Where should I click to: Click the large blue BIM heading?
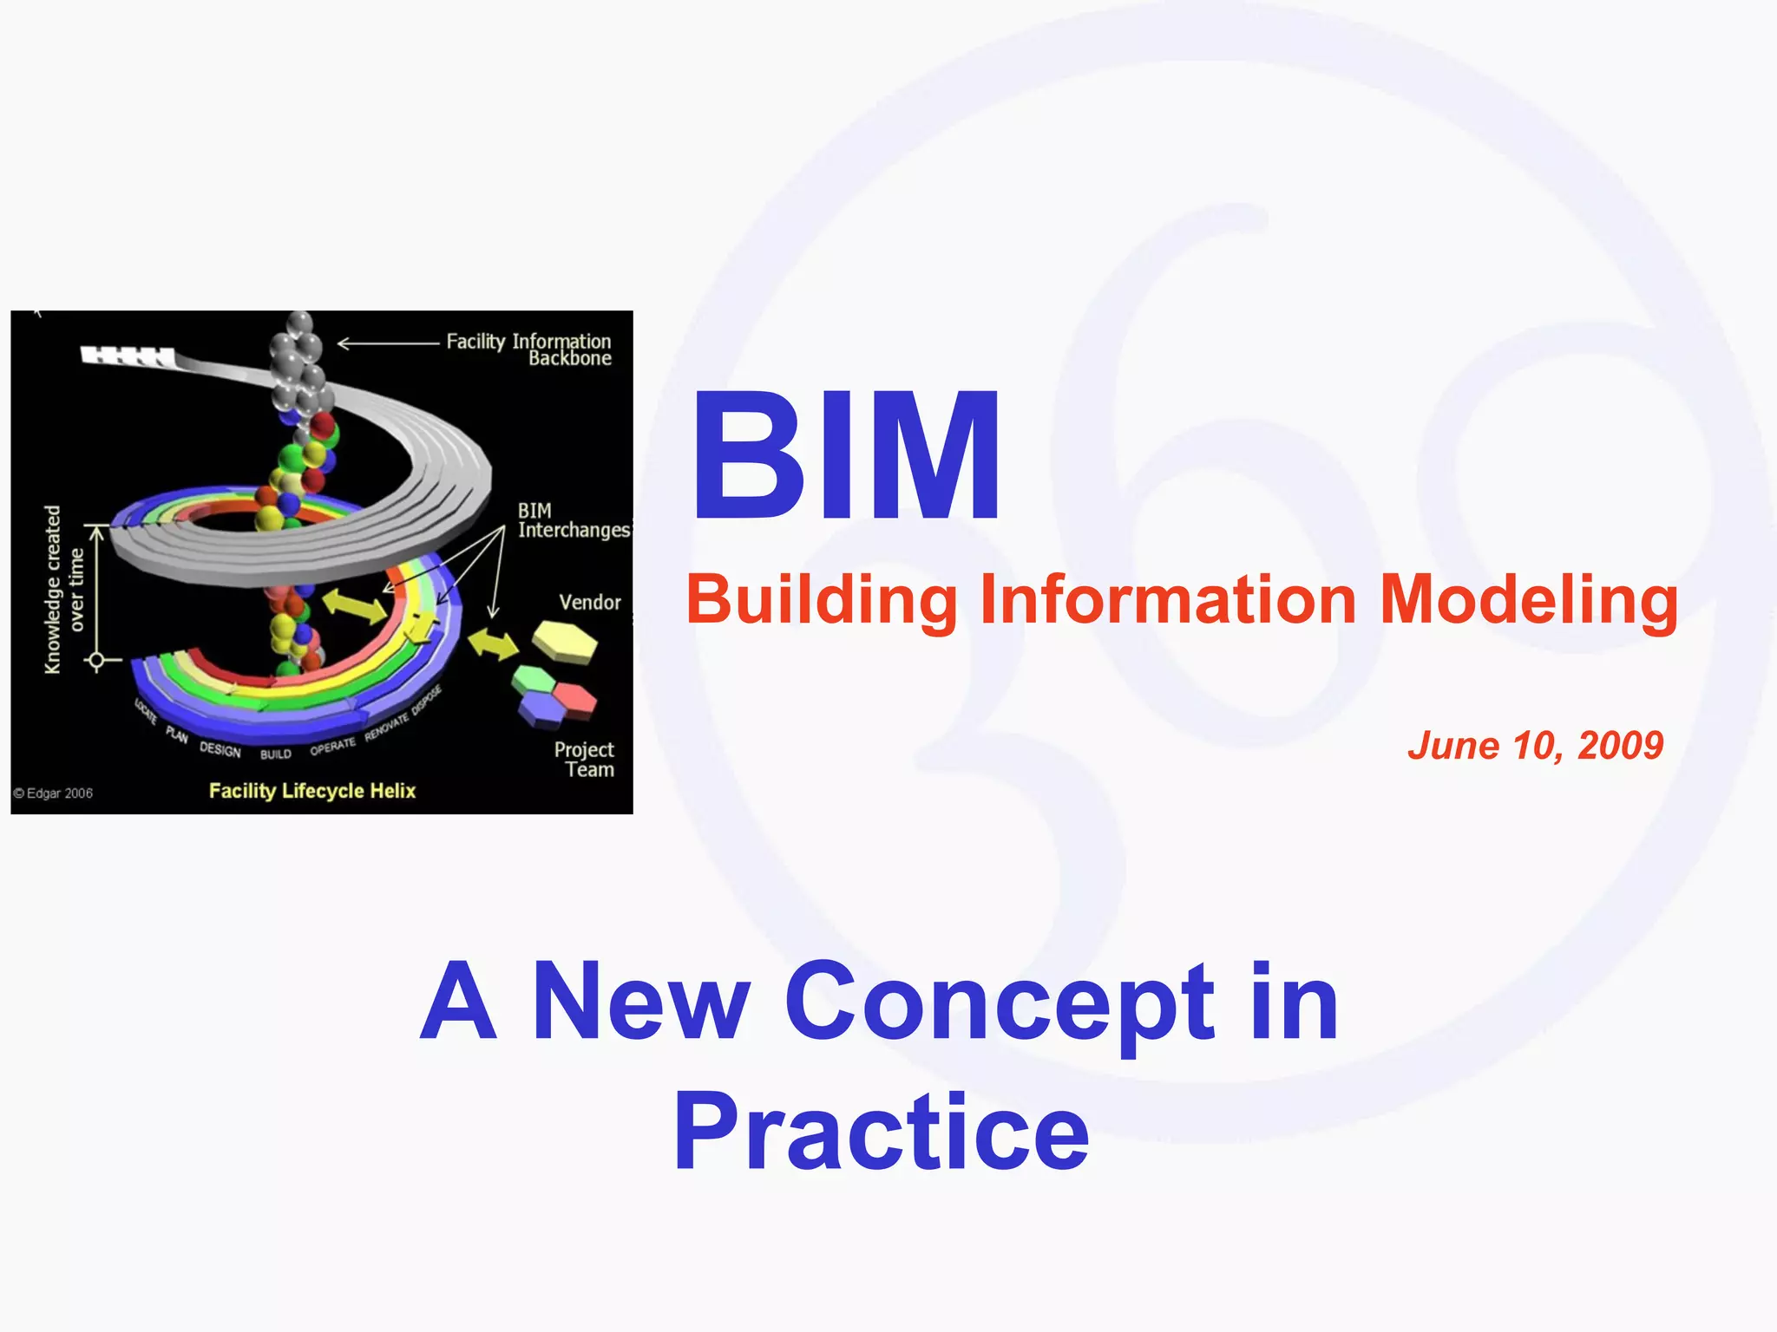coord(846,457)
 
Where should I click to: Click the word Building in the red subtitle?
coord(821,600)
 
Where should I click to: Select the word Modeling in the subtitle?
coord(1528,600)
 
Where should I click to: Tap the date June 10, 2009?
coord(1535,745)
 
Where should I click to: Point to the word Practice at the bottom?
coord(880,1133)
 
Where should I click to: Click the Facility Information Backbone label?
coord(528,349)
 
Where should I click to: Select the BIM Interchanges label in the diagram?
coord(573,521)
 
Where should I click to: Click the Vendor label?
coord(590,602)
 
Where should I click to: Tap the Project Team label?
coord(585,760)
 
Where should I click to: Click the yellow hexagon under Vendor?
coord(565,642)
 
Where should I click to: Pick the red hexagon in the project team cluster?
coord(574,697)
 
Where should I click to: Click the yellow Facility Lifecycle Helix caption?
coord(312,791)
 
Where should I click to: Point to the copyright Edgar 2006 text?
coord(54,793)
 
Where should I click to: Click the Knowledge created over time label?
coord(64,590)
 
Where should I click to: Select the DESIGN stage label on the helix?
coord(220,749)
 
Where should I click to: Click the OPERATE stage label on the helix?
coord(333,746)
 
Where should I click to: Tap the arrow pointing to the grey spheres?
coord(388,344)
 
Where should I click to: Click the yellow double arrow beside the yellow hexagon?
coord(493,643)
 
